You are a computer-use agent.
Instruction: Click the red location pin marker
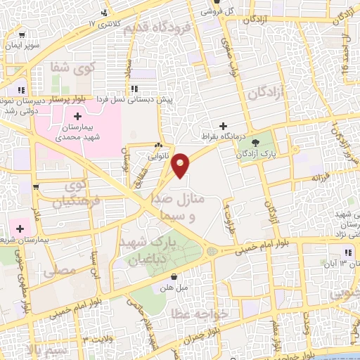pyautogui.click(x=181, y=165)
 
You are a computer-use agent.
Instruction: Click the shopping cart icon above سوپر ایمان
pyautogui.click(x=23, y=35)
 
